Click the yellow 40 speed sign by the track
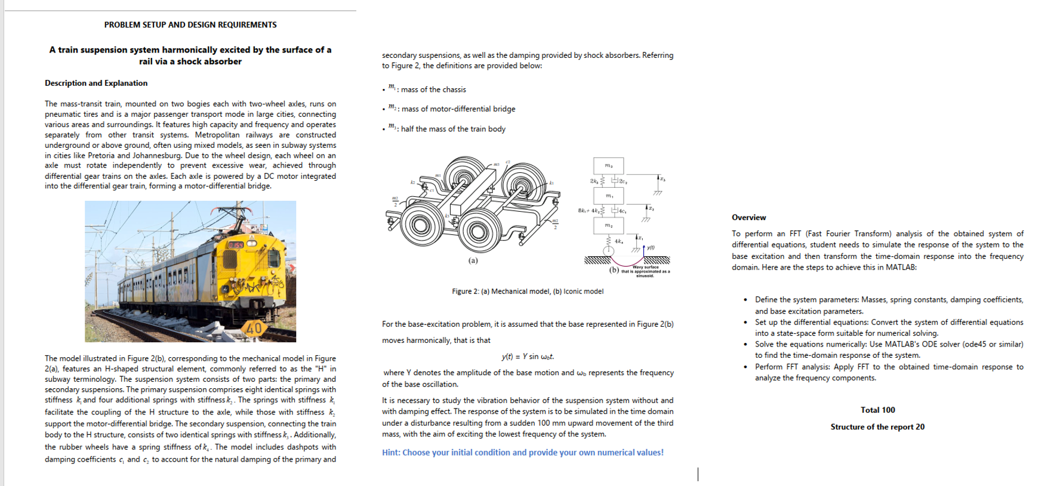254,327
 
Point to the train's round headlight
251,243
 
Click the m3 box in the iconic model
608,165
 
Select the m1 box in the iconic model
608,196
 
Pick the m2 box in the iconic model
608,225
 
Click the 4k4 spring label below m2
619,241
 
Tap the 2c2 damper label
622,181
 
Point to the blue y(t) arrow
644,248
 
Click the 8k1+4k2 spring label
588,211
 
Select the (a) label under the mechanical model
473,261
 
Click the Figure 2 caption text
527,291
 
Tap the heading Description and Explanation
96,83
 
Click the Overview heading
748,217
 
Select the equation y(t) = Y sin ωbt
527,357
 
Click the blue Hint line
522,453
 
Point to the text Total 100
877,410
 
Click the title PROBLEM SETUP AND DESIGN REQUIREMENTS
190,25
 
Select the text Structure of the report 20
877,426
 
